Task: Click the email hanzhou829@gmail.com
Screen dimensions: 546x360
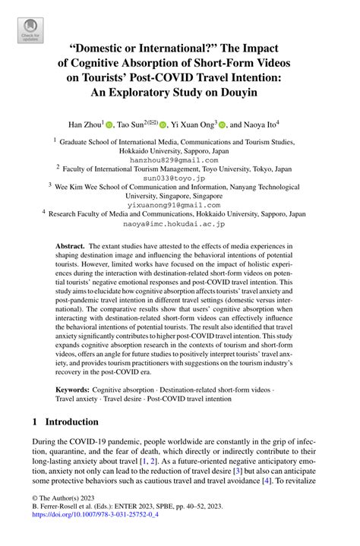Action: pos(179,159)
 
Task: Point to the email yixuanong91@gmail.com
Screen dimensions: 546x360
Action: pos(179,205)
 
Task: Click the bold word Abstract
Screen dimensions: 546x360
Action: pos(71,247)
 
